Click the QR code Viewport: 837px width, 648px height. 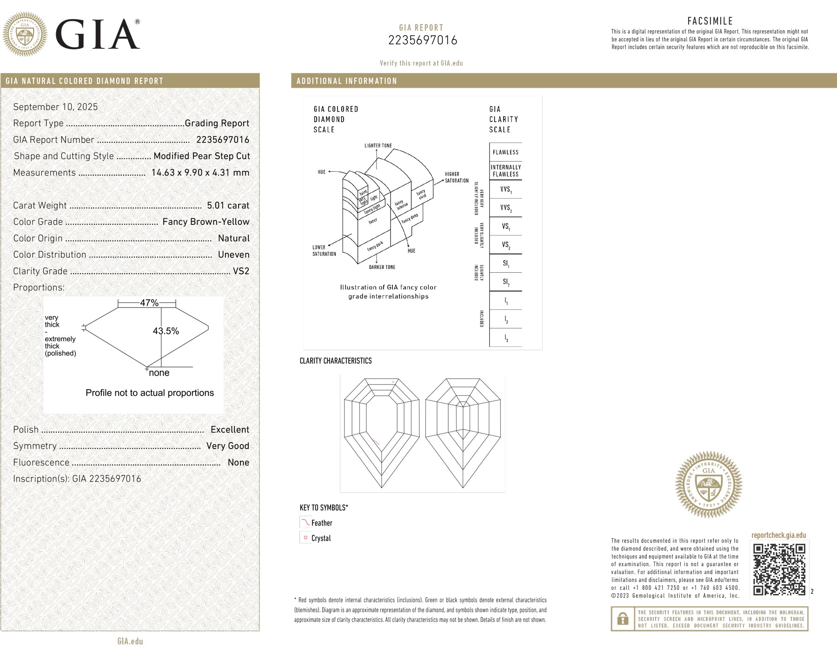pyautogui.click(x=779, y=569)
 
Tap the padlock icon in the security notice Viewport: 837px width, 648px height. pyautogui.click(x=623, y=619)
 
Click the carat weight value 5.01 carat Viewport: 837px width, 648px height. pyautogui.click(x=228, y=205)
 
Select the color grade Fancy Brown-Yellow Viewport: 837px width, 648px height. pyautogui.click(x=206, y=222)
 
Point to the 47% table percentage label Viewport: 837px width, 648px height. pyautogui.click(x=149, y=303)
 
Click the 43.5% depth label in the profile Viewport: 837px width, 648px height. pyautogui.click(x=166, y=331)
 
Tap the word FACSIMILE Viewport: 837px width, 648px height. pyautogui.click(x=710, y=21)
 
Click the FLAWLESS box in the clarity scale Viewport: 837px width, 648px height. pyautogui.click(x=505, y=152)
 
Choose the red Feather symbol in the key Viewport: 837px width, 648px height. pyautogui.click(x=305, y=523)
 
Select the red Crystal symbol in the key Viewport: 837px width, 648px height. pyautogui.click(x=306, y=538)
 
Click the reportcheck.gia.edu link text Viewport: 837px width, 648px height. pyautogui.click(x=778, y=535)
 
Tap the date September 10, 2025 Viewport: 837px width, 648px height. pyautogui.click(x=55, y=107)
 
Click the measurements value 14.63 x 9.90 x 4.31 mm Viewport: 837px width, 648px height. pyautogui.click(x=200, y=173)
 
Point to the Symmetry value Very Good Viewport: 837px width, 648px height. pyautogui.click(x=227, y=446)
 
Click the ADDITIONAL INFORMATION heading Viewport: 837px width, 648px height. pyautogui.click(x=347, y=81)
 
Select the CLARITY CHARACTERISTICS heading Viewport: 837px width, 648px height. pyautogui.click(x=336, y=361)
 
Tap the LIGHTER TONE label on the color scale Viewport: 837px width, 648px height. pyautogui.click(x=378, y=146)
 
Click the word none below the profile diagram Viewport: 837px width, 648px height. pyautogui.click(x=159, y=373)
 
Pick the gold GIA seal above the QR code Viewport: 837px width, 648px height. pyautogui.click(x=709, y=484)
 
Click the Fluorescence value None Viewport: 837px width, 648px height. pyautogui.click(x=238, y=463)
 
